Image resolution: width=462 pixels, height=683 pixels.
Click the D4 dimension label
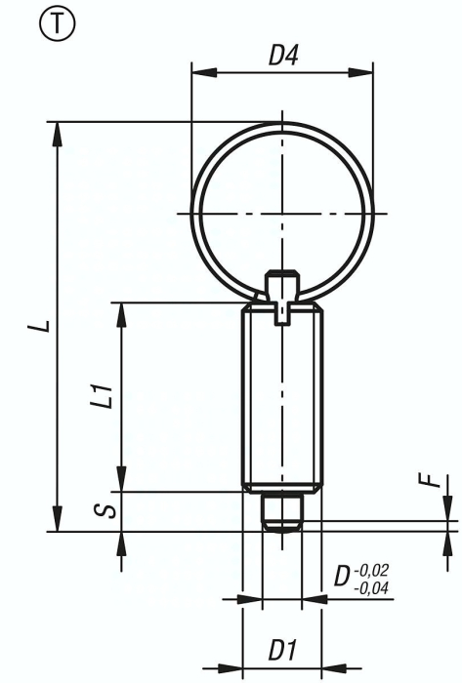point(282,57)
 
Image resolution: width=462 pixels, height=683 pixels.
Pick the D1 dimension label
point(282,648)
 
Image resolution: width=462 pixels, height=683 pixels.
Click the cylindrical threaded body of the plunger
point(282,400)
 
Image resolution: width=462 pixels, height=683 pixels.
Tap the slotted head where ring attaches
point(282,293)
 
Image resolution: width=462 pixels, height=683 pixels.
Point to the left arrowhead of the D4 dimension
point(198,71)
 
